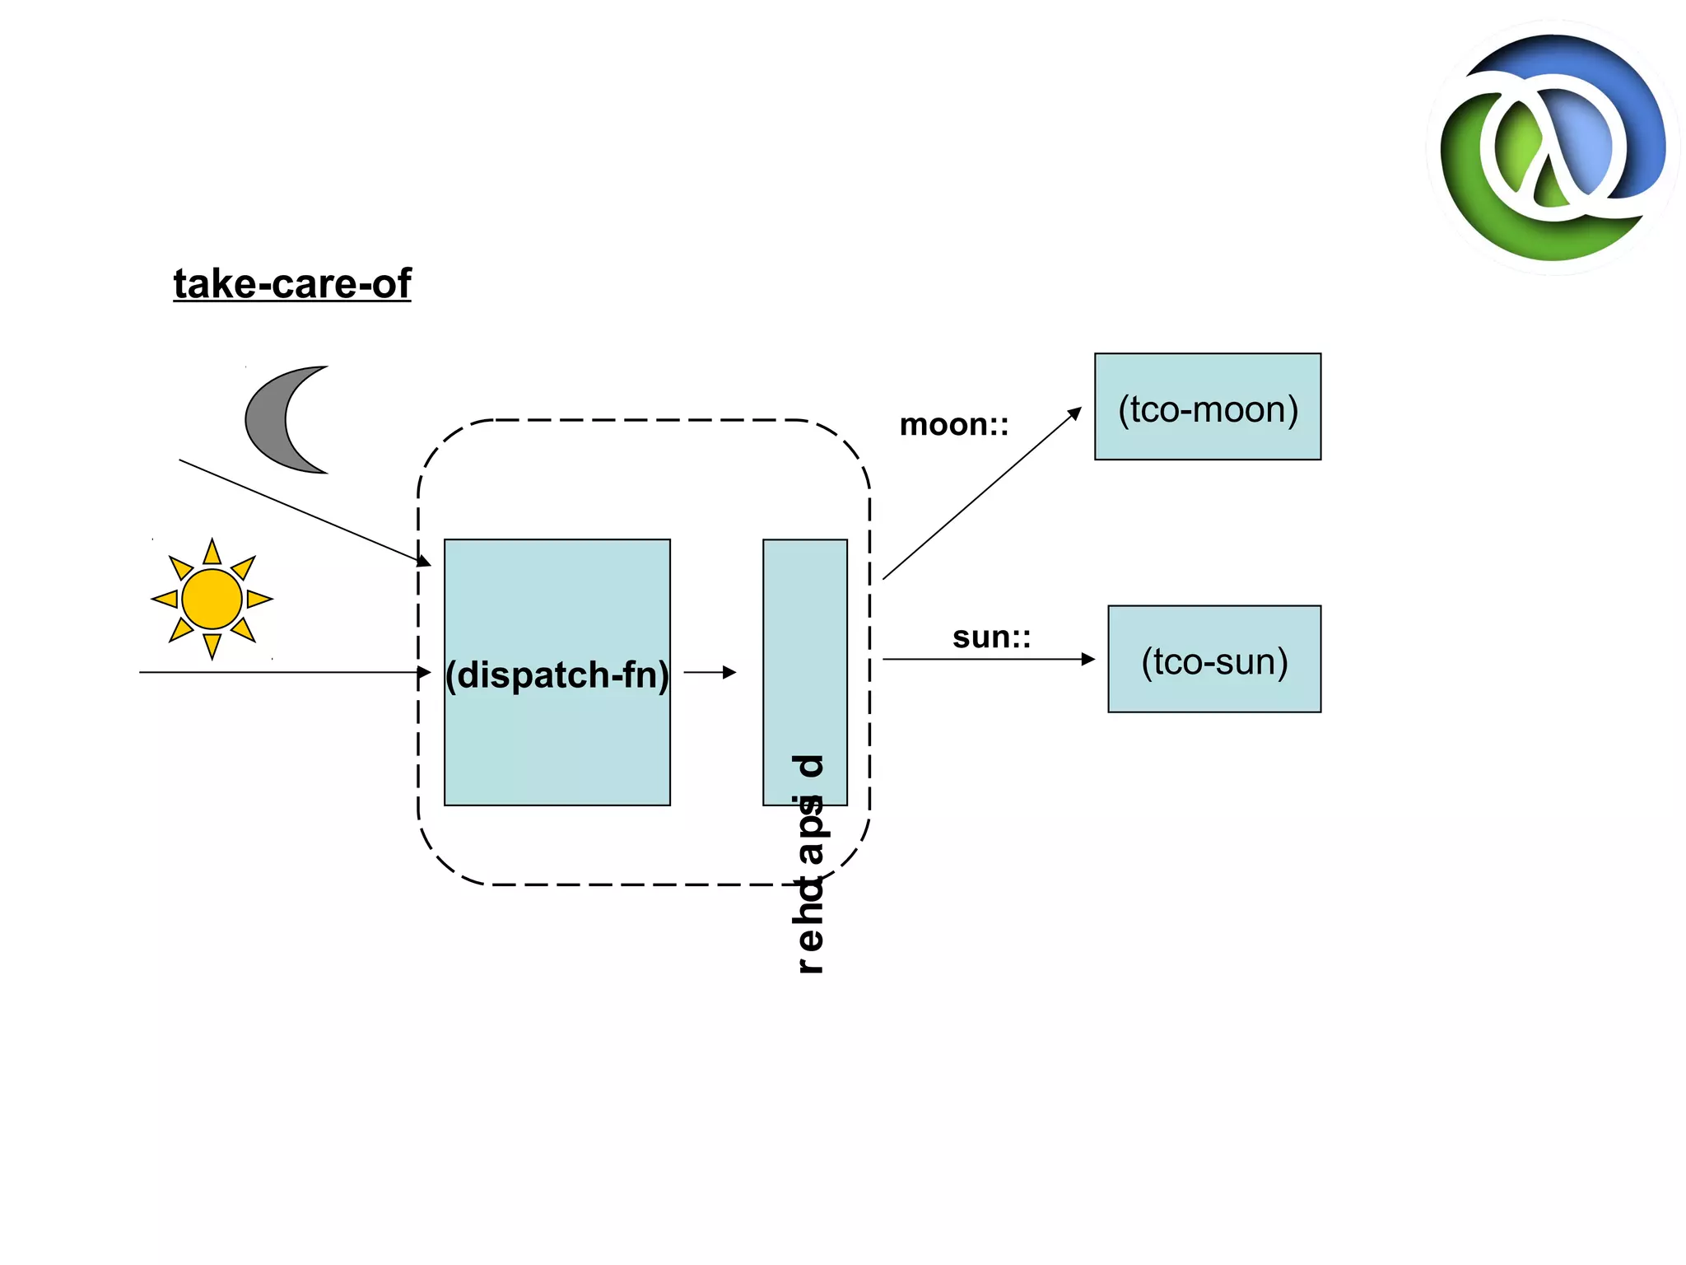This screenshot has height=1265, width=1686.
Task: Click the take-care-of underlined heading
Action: coord(291,283)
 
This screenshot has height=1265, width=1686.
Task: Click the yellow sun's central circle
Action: coord(212,599)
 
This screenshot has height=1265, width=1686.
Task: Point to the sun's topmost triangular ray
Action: coord(212,553)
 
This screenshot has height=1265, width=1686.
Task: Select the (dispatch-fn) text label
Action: coord(557,675)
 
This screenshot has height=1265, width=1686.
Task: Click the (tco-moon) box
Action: coord(1207,407)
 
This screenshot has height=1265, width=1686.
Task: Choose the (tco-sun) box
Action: coord(1213,659)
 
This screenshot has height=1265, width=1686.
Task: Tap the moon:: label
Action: coord(953,425)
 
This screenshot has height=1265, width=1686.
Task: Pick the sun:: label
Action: coord(991,637)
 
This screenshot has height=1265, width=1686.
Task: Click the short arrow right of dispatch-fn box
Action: coord(709,672)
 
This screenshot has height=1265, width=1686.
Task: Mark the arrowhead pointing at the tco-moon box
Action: coord(1074,413)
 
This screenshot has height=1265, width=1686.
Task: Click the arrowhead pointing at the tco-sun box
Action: coord(1088,659)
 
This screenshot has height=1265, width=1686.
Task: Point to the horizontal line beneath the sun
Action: coord(280,672)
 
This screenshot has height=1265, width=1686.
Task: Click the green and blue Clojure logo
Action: coord(1553,148)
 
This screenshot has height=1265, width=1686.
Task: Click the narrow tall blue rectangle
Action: coord(804,642)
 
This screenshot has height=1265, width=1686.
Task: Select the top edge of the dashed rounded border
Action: coord(642,420)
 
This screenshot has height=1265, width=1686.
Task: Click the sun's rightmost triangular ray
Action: coord(258,599)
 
